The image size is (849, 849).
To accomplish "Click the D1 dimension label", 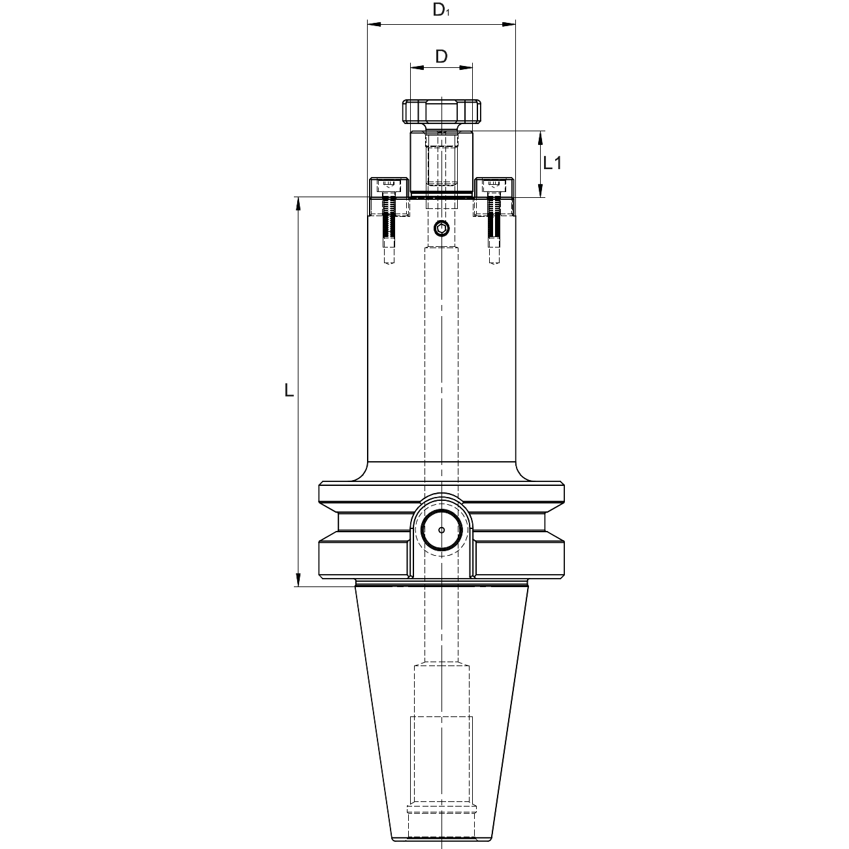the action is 441,9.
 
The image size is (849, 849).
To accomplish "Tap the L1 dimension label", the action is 553,163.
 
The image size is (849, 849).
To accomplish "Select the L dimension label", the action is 289,390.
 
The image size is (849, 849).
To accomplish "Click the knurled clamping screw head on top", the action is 441,112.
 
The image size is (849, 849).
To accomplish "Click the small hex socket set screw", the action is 441,229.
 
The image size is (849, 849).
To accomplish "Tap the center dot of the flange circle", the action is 441,530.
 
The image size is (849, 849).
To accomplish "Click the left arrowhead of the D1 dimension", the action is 374,25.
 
